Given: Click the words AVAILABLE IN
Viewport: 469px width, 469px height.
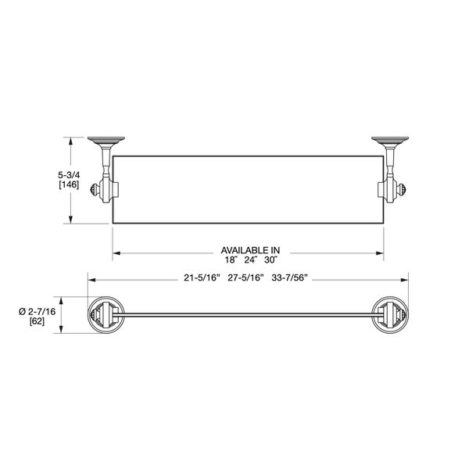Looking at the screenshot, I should coord(249,250).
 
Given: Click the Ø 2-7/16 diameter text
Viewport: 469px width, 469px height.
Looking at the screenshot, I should coord(35,310).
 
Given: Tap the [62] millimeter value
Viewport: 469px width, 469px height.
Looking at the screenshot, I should coord(36,320).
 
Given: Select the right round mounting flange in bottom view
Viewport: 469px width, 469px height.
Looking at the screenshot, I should coord(393,317).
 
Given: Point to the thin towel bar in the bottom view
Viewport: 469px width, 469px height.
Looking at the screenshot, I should coord(248,317).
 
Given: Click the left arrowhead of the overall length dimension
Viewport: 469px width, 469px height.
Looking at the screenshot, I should coord(89,278).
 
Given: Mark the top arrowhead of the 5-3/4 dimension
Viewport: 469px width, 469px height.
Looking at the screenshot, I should coord(73,141).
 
